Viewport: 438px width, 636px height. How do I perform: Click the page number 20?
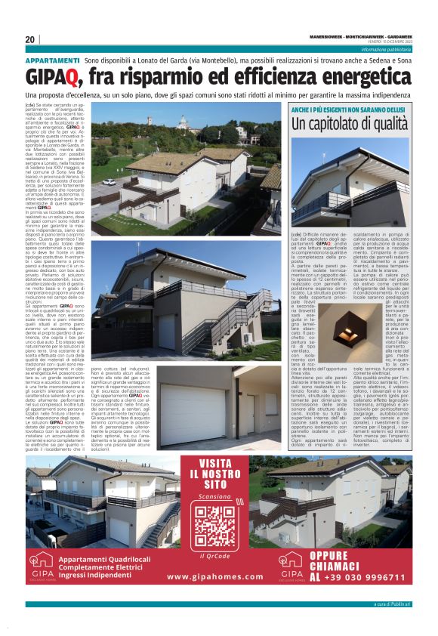tap(30, 40)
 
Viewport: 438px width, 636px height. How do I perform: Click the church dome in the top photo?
tap(182, 122)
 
